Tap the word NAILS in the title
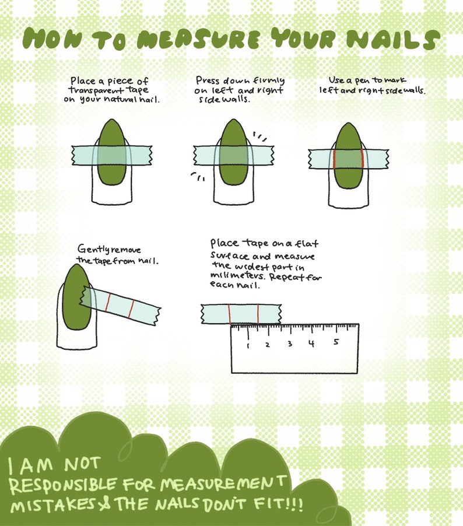(x=393, y=39)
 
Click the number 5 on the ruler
(x=336, y=342)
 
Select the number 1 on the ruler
(x=248, y=345)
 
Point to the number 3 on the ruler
(x=290, y=343)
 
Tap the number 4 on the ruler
(x=312, y=343)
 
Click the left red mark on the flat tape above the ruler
(x=230, y=314)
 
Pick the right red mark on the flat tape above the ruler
(x=258, y=314)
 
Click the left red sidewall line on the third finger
(x=335, y=159)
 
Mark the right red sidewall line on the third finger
(x=362, y=159)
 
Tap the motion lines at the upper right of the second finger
(x=259, y=136)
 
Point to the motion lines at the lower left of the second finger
(x=198, y=177)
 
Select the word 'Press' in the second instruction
(x=208, y=80)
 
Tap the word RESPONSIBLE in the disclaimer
(x=64, y=485)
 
